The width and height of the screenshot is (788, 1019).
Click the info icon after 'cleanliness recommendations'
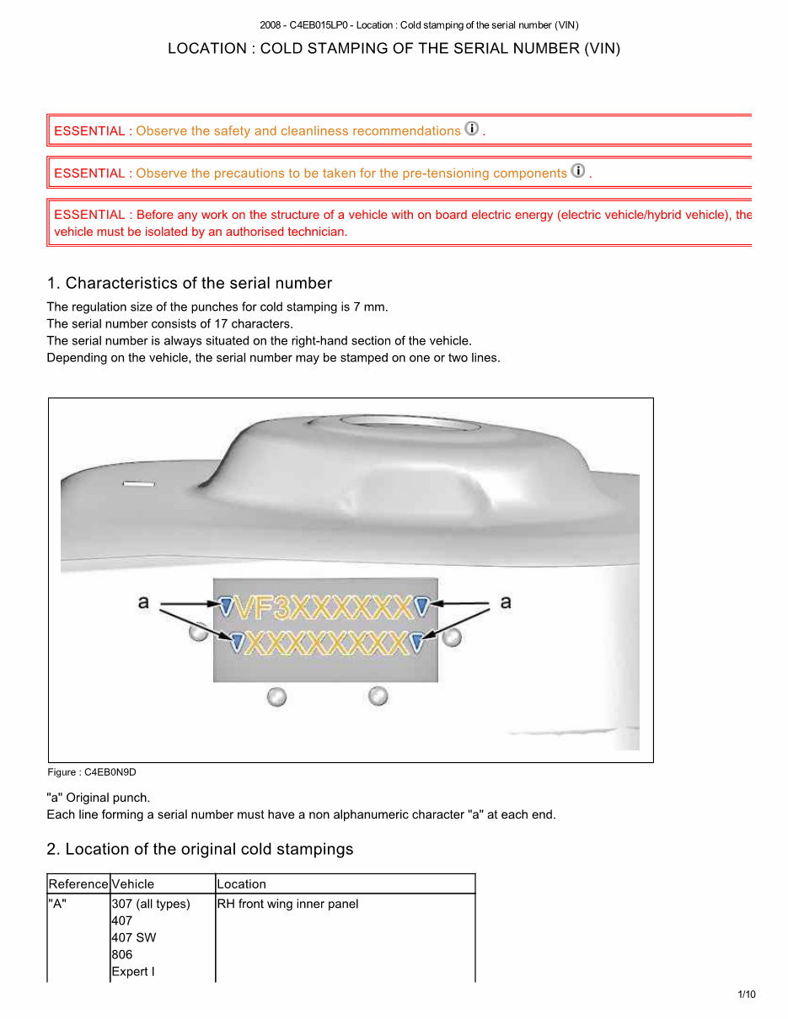(x=472, y=129)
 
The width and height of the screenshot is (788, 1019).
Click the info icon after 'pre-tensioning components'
(x=578, y=171)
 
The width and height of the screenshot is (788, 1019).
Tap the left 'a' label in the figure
(x=143, y=602)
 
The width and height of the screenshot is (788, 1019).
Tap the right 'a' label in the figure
(x=506, y=602)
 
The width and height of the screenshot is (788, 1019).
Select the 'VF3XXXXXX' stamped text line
(x=324, y=607)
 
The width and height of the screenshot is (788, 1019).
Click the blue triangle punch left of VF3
(x=226, y=605)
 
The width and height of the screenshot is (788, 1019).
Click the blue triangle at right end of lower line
(x=416, y=643)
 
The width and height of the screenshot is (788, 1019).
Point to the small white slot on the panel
(x=139, y=484)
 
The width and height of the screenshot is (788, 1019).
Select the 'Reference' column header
(x=78, y=884)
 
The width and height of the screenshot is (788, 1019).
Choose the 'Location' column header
(x=241, y=884)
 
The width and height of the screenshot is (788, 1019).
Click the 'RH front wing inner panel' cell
(x=287, y=904)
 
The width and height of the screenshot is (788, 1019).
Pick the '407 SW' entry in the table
(x=133, y=938)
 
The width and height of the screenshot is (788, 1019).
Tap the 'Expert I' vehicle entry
(x=133, y=972)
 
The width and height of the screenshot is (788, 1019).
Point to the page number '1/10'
(x=747, y=995)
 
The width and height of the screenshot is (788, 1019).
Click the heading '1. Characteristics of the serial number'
(x=190, y=283)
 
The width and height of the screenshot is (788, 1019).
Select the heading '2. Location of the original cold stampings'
(x=201, y=849)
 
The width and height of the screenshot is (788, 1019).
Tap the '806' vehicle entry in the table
(x=121, y=955)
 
